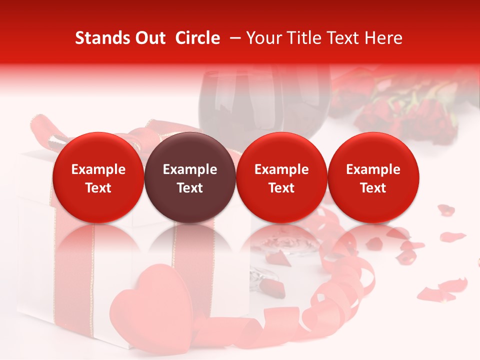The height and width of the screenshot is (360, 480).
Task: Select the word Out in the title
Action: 149,38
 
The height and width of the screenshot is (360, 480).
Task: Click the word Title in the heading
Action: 301,38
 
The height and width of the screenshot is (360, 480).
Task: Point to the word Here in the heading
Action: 383,38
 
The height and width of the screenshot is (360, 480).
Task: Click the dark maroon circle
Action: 190,178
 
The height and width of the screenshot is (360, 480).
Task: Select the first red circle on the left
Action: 98,178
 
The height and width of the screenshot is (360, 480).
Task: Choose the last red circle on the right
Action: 373,178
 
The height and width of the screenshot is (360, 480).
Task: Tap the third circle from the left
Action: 281,178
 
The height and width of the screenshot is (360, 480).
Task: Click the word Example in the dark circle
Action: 190,169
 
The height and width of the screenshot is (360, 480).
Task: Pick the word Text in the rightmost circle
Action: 373,188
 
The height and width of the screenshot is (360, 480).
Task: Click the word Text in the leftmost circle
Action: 98,188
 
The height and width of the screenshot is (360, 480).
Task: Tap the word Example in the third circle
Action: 281,169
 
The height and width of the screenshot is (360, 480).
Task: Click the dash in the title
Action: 233,38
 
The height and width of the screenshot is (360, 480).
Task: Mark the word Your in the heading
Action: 263,38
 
